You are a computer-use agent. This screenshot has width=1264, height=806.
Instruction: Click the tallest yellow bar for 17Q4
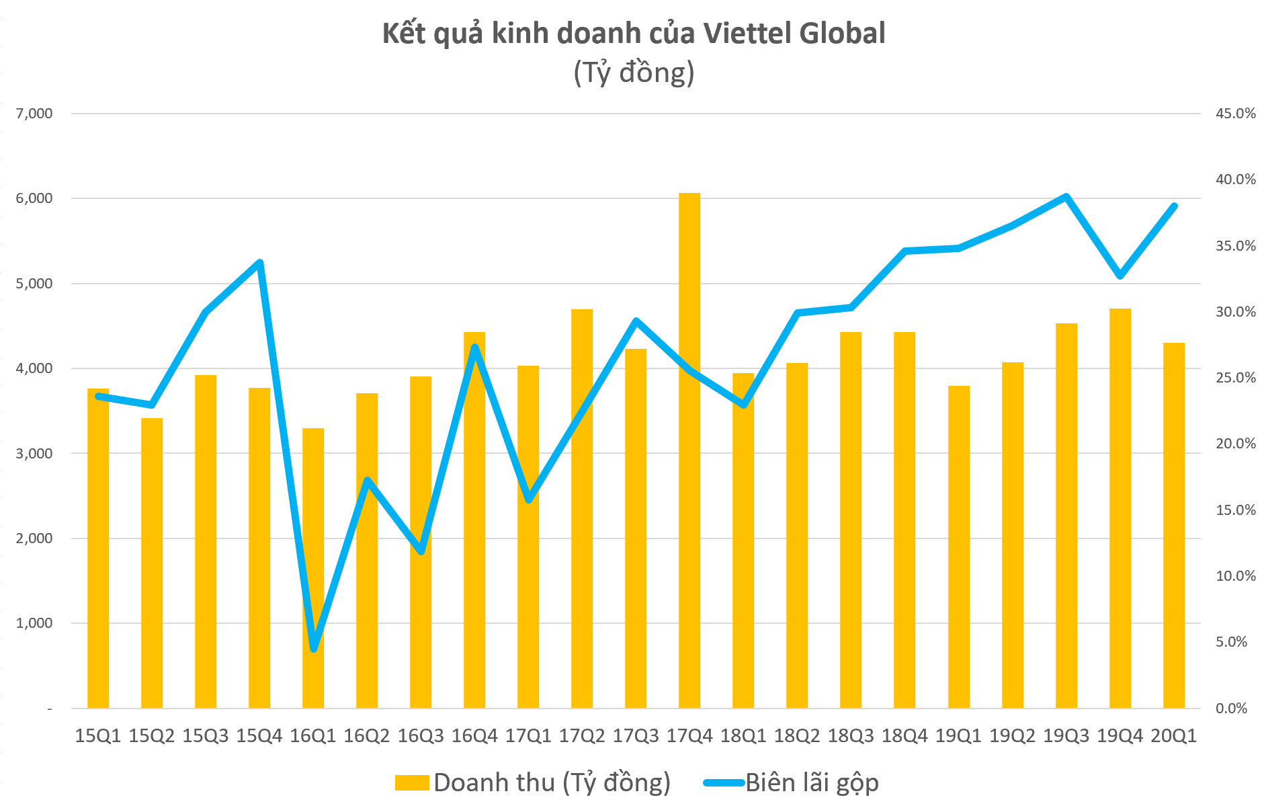pyautogui.click(x=689, y=450)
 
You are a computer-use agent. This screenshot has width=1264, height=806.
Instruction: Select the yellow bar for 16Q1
pyautogui.click(x=313, y=568)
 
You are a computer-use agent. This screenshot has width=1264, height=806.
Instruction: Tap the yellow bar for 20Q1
pyautogui.click(x=1173, y=525)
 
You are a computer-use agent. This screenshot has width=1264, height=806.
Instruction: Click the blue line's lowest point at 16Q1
pyautogui.click(x=314, y=648)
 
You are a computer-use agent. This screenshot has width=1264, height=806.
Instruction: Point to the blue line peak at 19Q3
pyautogui.click(x=1066, y=196)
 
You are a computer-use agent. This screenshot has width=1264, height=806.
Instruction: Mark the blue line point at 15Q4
pyautogui.click(x=259, y=262)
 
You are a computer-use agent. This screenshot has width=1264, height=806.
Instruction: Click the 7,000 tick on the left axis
pyautogui.click(x=34, y=114)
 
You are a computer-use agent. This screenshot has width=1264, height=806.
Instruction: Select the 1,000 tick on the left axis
pyautogui.click(x=34, y=623)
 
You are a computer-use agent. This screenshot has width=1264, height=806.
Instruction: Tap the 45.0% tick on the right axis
pyautogui.click(x=1235, y=114)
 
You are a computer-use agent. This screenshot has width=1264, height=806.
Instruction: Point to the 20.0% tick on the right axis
pyautogui.click(x=1235, y=444)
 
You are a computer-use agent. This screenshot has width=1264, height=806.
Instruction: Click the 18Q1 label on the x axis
pyautogui.click(x=743, y=735)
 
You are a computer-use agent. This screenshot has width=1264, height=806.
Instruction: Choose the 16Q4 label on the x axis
pyautogui.click(x=474, y=735)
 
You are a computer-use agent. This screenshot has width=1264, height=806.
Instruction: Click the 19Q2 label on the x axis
pyautogui.click(x=1012, y=735)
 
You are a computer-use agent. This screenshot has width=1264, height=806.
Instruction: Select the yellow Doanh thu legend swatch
pyautogui.click(x=412, y=782)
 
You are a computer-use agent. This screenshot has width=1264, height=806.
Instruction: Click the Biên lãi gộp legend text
pyautogui.click(x=812, y=782)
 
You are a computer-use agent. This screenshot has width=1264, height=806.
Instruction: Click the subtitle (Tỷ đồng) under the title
pyautogui.click(x=633, y=73)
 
